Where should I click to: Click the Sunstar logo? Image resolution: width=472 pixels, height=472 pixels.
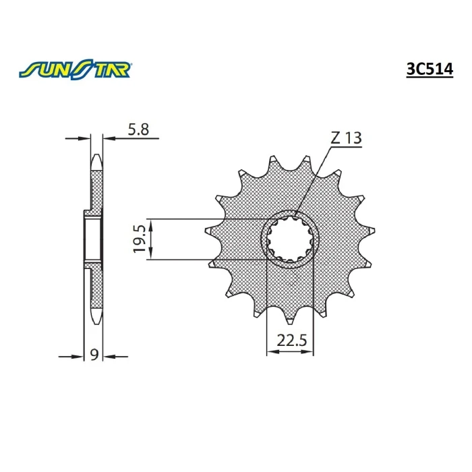coord(75,70)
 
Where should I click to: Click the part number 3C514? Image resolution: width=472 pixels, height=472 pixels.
coord(430,70)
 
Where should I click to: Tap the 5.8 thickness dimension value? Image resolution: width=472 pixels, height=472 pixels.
coord(138,129)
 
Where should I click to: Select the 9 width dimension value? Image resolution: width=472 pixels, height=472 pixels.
coord(94,355)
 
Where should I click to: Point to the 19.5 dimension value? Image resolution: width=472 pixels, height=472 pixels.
coord(140,239)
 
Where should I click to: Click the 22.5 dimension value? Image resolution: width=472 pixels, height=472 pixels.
coord(292,341)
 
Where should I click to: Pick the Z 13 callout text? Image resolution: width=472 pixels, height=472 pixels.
coord(346,138)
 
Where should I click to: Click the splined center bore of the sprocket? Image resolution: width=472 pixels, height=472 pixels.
coord(289,239)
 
